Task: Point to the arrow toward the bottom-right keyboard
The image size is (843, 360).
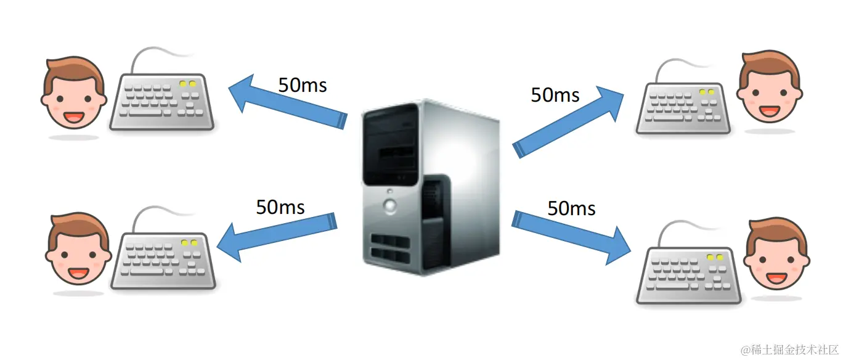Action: pyautogui.click(x=573, y=234)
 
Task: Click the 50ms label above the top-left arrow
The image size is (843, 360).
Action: pyautogui.click(x=302, y=84)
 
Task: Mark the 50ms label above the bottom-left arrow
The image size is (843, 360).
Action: pyautogui.click(x=280, y=207)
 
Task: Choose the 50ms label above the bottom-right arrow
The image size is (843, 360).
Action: pyautogui.click(x=572, y=208)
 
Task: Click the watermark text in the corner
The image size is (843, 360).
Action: pyautogui.click(x=789, y=350)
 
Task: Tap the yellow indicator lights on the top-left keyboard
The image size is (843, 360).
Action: pyautogui.click(x=187, y=84)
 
